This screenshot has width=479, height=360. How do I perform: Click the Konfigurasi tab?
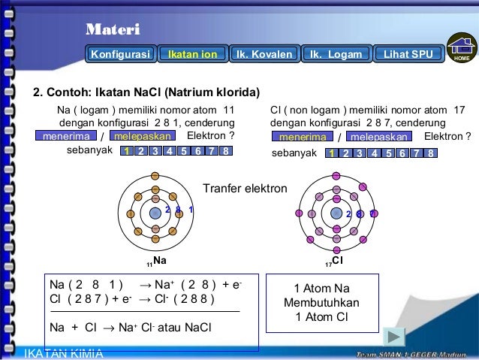click(x=121, y=55)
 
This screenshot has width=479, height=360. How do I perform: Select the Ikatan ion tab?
click(x=192, y=55)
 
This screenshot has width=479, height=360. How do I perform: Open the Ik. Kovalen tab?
click(x=264, y=55)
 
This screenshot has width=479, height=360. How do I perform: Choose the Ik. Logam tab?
click(x=336, y=55)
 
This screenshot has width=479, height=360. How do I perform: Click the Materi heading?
click(x=112, y=30)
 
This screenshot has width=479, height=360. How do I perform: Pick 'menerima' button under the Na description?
click(x=66, y=137)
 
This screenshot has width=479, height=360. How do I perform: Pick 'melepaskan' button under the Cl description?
click(x=379, y=138)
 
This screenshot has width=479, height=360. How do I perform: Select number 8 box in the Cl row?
click(x=431, y=153)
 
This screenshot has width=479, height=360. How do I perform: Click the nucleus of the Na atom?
click(x=155, y=213)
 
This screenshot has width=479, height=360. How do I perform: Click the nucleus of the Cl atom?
click(x=336, y=213)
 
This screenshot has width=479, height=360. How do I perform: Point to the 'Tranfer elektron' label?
click(x=245, y=188)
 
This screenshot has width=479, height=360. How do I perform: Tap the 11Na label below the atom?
click(x=156, y=262)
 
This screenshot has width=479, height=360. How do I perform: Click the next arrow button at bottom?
click(x=394, y=337)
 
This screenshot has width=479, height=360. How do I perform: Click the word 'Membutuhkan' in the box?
click(x=321, y=303)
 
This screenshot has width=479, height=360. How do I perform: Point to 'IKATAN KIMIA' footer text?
click(x=64, y=353)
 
